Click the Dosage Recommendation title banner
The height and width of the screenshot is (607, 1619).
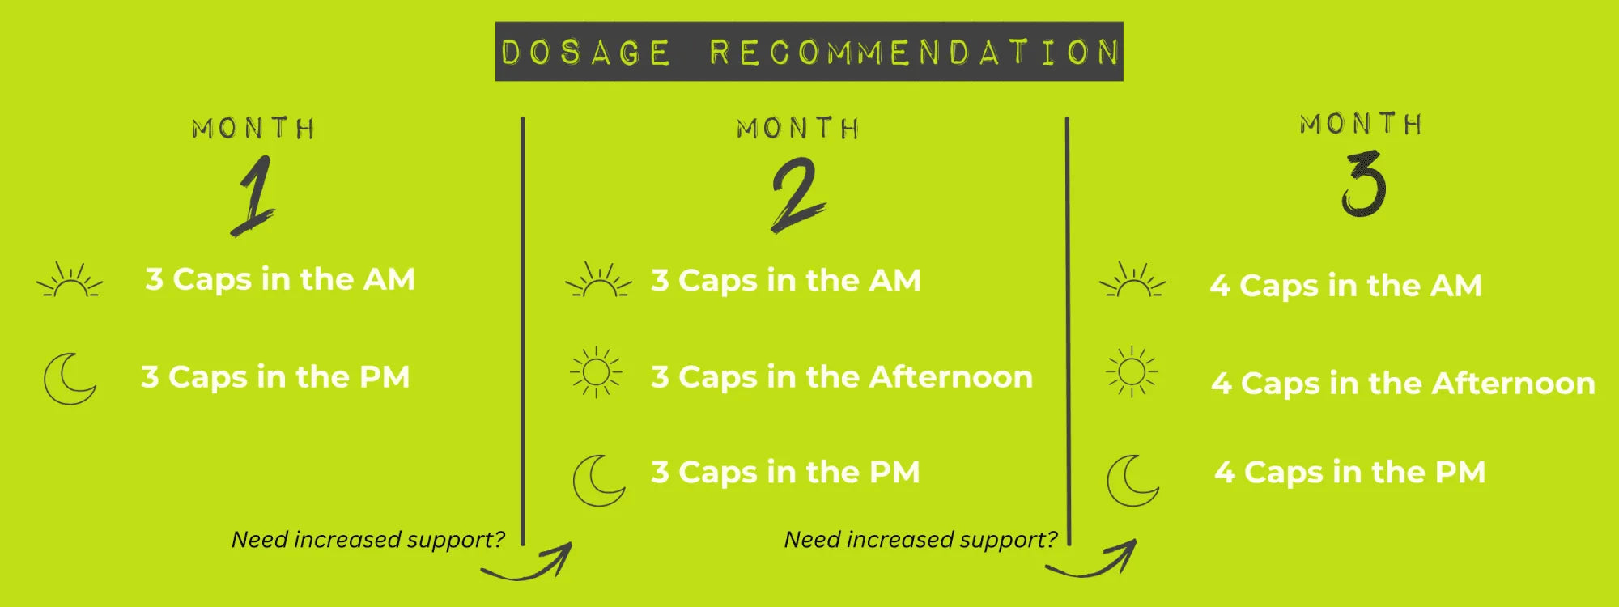tap(809, 51)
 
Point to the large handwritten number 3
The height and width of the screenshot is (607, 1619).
tap(1364, 185)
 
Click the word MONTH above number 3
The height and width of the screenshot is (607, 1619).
tap(1362, 124)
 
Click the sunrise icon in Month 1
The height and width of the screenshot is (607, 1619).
tap(70, 280)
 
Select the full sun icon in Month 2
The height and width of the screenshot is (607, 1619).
tap(596, 372)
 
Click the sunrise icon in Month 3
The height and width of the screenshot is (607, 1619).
tap(1132, 280)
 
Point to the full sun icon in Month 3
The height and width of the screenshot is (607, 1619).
tap(1132, 372)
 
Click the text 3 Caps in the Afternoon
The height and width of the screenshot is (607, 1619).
tap(842, 377)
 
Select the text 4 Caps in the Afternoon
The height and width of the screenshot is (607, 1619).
tap(1404, 384)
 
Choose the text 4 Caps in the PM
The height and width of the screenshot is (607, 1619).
tap(1350, 473)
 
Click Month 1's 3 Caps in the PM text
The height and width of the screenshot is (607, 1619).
tap(275, 377)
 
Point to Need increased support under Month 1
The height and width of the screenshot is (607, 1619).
tap(368, 540)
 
